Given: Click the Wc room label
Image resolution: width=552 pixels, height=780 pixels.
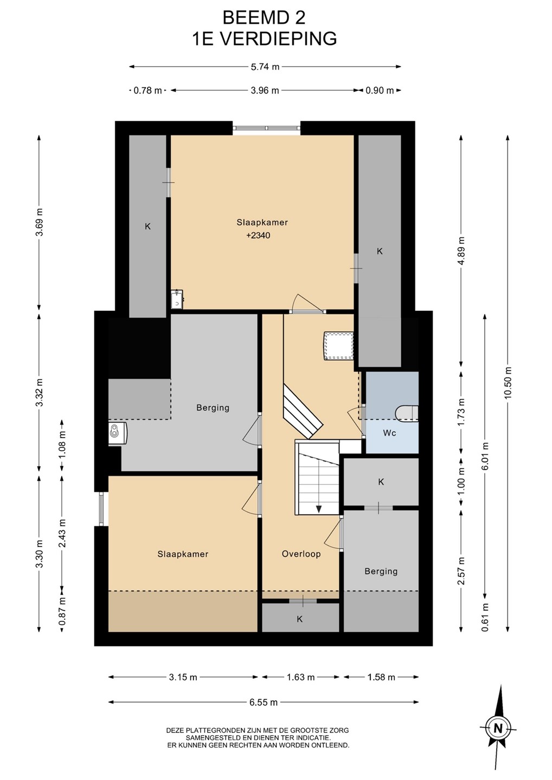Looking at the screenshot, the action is point(389,433).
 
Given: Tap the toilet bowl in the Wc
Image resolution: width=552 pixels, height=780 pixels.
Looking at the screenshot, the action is point(407,413).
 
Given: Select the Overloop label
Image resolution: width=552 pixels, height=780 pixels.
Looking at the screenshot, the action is point(301,554).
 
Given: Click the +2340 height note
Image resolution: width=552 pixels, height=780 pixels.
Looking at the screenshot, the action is point(258,236).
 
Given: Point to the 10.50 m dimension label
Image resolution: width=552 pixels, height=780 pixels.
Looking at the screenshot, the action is point(508,382).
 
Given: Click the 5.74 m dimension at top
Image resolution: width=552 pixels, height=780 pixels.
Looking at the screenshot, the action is point(265,67).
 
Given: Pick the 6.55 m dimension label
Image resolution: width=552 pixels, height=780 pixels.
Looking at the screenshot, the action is point(264,702).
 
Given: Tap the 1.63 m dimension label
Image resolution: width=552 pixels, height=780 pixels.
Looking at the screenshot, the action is point(300,677).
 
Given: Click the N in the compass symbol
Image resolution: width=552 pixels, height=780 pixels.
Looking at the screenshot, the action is point(498,728).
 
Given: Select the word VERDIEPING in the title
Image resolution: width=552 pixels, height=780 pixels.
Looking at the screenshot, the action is point(279,38).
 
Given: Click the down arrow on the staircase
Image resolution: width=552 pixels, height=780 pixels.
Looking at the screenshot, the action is point(318,509).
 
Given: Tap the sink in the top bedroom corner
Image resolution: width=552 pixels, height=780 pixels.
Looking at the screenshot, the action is point(177,299).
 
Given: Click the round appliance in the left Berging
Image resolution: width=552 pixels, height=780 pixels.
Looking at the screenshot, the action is point(115,433).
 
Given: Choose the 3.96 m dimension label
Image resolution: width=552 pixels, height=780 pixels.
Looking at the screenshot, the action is point(265,90).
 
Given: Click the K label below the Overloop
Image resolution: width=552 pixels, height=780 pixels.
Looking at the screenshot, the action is point(300,619).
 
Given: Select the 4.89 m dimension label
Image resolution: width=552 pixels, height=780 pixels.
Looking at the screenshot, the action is point(461,251).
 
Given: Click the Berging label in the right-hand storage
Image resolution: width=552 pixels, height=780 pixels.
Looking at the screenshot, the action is point(381,571).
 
